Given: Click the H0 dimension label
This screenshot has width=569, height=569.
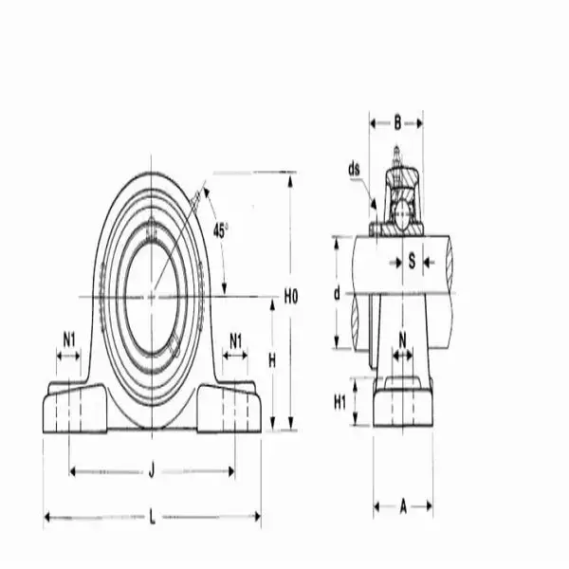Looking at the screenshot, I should tap(291, 297).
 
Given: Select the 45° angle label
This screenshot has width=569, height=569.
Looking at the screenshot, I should tap(220, 229).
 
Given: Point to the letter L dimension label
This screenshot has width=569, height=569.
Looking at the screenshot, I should tap(152, 517).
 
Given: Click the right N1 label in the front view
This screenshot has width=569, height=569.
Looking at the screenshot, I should tap(235, 340).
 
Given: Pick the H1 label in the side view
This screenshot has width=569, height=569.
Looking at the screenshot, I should tap(340, 401).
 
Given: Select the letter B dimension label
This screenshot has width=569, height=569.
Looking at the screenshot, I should tap(396, 121).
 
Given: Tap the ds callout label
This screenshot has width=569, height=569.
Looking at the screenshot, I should tap(355, 170).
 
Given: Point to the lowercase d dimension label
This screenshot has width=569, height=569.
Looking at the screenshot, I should tap(336, 294).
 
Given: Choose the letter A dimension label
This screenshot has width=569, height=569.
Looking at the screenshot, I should tap(402, 507).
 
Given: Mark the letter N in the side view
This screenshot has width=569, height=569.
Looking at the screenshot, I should tap(402, 338).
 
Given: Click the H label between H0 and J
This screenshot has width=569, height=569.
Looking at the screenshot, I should tap(271, 359).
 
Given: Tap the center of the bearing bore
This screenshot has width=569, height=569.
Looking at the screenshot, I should tap(152, 297).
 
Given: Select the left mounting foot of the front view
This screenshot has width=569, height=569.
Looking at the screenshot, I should tap(72, 408).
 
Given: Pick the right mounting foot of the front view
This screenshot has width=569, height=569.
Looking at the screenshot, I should tap(230, 408).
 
